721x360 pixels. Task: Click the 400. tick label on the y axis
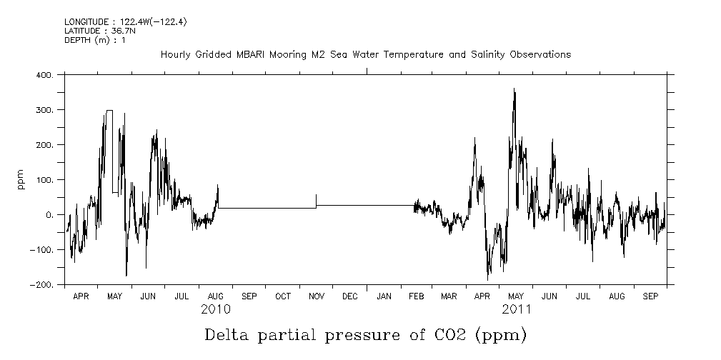(44, 75)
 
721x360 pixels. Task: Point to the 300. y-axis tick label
(44, 110)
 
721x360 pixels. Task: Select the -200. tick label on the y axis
(41, 285)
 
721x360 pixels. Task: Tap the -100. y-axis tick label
(41, 250)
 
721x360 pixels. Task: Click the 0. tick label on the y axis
(50, 215)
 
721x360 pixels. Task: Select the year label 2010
(215, 310)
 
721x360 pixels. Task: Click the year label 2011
(516, 310)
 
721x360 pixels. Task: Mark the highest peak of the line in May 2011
(514, 89)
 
